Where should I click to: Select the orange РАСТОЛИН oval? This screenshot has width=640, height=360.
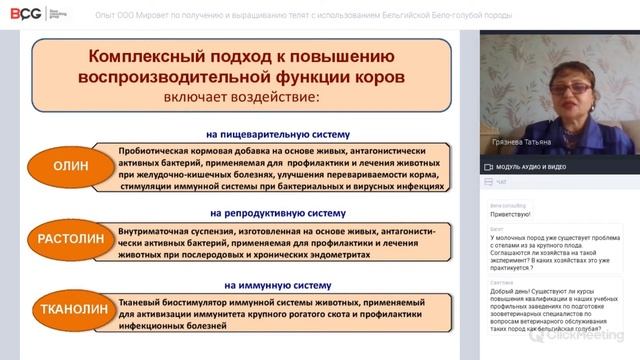click(65, 240)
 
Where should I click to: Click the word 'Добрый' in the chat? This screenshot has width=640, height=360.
click(503, 291)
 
